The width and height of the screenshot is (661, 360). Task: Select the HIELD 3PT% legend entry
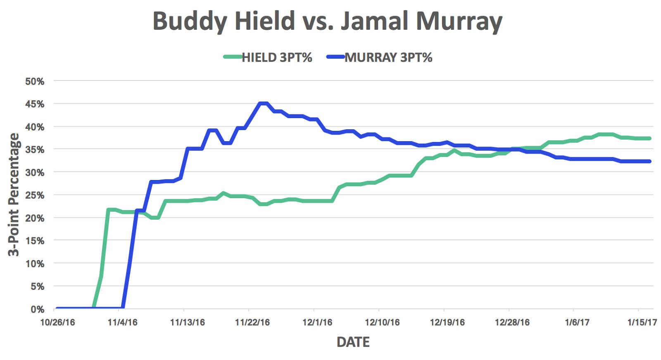tap(268, 57)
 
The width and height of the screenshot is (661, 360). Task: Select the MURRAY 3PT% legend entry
tap(380, 57)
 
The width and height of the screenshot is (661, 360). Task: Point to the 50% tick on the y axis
tap(35, 81)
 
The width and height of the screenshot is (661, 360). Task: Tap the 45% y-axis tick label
tap(35, 104)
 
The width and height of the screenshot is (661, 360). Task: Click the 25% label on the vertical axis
tap(35, 195)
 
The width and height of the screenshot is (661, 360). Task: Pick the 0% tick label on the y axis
tap(37, 309)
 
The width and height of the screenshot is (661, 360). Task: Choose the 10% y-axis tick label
tap(35, 264)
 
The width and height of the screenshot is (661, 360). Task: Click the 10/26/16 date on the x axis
tap(57, 322)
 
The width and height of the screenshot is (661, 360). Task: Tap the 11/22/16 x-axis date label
tap(252, 322)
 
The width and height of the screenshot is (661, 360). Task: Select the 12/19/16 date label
tap(447, 322)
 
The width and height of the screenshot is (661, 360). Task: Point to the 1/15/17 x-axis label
tap(642, 322)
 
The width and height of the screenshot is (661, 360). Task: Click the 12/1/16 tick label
tap(317, 322)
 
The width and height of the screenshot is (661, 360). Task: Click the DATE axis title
tap(353, 342)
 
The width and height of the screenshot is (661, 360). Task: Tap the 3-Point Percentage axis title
tap(14, 195)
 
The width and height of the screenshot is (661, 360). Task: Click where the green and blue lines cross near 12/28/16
tap(512, 149)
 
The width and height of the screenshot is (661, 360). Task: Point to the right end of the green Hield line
tap(650, 138)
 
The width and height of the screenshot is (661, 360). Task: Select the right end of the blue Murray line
tap(650, 161)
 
